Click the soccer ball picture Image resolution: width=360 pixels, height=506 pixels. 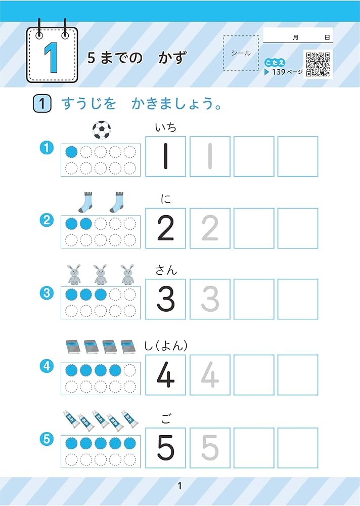(x=102, y=130)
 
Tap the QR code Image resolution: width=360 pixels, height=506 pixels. (x=318, y=64)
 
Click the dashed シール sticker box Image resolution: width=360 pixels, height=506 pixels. (x=240, y=53)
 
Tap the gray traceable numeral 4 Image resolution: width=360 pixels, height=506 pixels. (x=209, y=375)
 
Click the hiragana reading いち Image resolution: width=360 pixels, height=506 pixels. (x=166, y=128)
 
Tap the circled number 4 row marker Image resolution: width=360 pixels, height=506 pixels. (x=47, y=366)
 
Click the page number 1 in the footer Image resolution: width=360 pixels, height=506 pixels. (x=179, y=487)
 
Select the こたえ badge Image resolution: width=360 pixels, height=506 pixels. (x=275, y=63)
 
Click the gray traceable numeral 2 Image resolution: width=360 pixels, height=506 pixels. (x=209, y=228)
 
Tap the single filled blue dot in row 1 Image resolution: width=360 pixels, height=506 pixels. (x=72, y=151)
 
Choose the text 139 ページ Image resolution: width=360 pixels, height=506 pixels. (x=287, y=72)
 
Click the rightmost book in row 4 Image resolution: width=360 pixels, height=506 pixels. (x=129, y=348)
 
